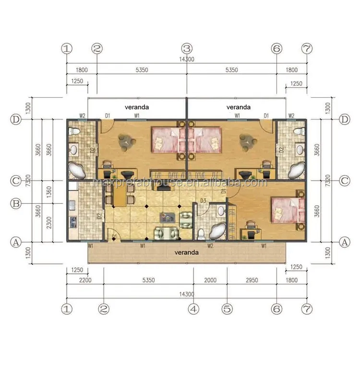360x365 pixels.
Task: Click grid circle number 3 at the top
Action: (187, 48)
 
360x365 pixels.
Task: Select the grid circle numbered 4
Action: (193, 309)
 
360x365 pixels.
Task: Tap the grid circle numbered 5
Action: (227, 309)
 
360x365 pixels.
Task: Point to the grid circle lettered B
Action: (16, 203)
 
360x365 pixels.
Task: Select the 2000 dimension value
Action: (210, 281)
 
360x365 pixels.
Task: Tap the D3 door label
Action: (203, 200)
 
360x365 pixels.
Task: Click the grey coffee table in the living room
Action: (169, 217)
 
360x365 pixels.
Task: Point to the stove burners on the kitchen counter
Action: (73, 222)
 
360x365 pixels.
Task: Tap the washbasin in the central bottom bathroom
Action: (221, 211)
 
